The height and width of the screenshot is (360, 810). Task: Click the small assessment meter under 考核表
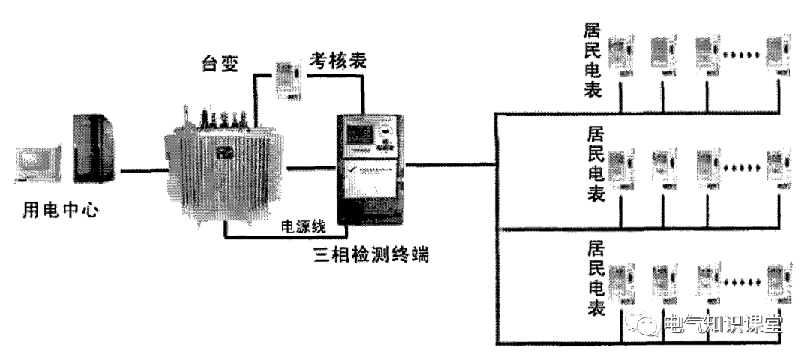tap(286, 79)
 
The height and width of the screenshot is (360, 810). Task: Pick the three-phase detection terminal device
tap(370, 169)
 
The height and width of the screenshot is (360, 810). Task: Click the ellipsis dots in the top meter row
tap(742, 55)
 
